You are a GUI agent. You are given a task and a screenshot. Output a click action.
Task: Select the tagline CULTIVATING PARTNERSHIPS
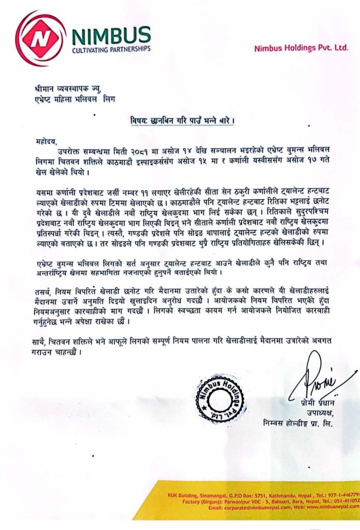point(111,49)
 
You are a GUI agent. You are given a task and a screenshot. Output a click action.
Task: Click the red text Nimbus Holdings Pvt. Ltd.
point(301,48)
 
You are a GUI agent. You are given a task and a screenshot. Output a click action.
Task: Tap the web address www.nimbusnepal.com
point(332,508)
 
